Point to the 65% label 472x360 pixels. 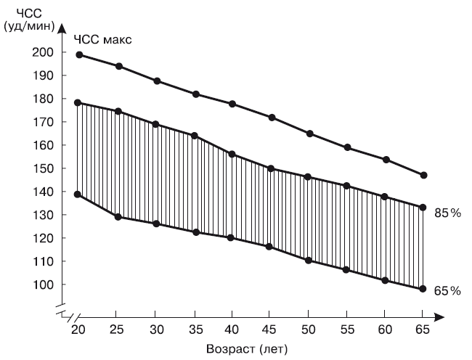pos(448,290)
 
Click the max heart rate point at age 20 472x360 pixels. pos(78,54)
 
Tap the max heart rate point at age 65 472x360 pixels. pos(423,175)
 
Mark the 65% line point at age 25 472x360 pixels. pos(118,217)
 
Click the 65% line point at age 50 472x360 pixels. pos(309,260)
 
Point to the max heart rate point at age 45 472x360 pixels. pos(271,118)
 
